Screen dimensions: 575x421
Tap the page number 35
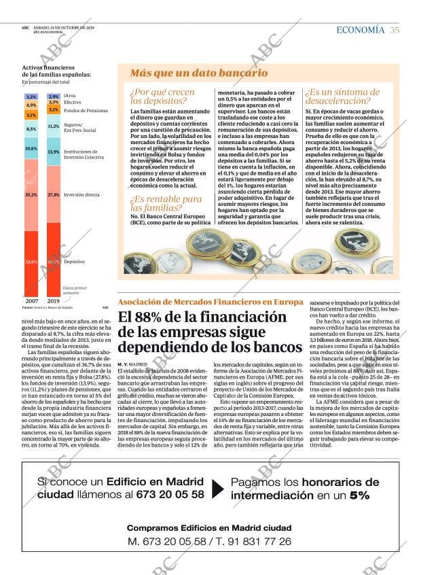[x=395, y=29]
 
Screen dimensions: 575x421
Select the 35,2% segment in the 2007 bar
[x=31, y=194]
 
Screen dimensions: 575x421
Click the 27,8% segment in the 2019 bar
[x=54, y=194]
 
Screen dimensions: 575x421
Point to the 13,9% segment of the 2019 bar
[x=54, y=152]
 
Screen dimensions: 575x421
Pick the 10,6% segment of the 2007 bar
[x=31, y=147]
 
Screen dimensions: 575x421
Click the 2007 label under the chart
[x=31, y=300]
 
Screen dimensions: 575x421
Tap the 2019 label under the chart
[x=54, y=300]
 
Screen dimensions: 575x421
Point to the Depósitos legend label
[x=75, y=261]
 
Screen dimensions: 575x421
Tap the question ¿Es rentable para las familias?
[x=166, y=203]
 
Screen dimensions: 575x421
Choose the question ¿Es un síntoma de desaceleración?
[x=343, y=96]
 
